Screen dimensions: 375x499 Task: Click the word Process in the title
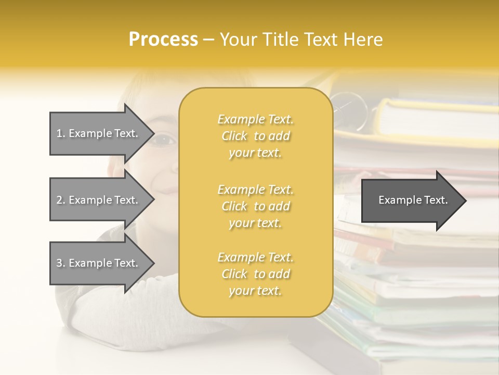[163, 40]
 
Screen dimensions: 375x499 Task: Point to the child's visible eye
[165, 139]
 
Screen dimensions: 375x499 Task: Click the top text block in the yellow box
[255, 136]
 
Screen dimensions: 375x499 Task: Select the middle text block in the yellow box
[255, 206]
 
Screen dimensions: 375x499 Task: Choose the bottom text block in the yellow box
[255, 274]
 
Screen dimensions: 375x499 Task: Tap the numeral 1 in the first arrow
[59, 133]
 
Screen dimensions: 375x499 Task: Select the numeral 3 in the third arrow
[59, 263]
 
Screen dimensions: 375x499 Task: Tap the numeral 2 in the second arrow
[59, 200]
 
